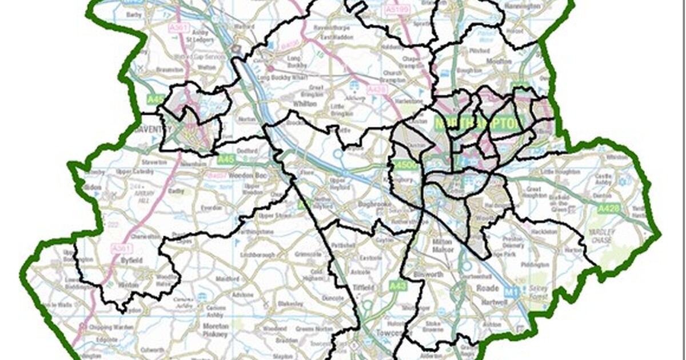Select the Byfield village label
point(133,259)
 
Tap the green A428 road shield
point(608,209)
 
